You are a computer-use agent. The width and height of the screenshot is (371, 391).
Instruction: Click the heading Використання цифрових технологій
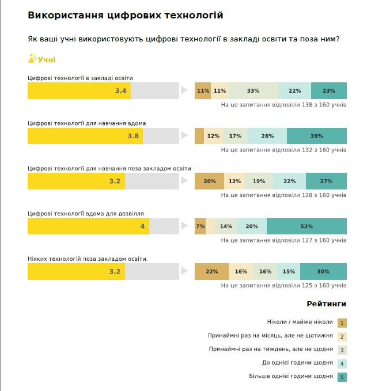126,15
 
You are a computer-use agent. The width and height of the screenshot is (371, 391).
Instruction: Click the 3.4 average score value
120,91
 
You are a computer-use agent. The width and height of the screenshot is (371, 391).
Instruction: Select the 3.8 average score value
133,136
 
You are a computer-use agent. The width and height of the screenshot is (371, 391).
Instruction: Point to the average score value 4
142,226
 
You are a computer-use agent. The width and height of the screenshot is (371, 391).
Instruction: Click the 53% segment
306,226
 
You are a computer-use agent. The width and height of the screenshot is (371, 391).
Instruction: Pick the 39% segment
316,136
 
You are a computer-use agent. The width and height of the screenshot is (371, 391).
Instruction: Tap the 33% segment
253,91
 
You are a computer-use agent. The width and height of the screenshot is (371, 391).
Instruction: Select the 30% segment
323,271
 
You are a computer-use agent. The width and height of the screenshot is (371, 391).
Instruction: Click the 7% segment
200,226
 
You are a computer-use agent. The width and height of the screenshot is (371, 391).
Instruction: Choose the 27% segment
326,181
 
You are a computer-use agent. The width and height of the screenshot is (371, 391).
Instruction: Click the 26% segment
267,136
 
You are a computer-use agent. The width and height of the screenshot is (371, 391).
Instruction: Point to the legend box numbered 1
342,323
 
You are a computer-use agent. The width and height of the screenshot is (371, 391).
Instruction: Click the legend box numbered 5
342,378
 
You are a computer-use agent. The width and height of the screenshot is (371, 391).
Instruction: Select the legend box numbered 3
342,350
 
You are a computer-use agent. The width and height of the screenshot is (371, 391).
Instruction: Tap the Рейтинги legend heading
327,303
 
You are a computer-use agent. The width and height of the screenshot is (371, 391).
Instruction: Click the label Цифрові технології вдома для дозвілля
86,213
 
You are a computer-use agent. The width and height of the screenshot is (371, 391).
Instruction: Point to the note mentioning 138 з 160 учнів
283,105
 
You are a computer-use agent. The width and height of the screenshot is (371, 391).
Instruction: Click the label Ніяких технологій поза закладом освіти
88,259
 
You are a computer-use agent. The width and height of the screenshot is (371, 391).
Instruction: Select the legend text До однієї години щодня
297,362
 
